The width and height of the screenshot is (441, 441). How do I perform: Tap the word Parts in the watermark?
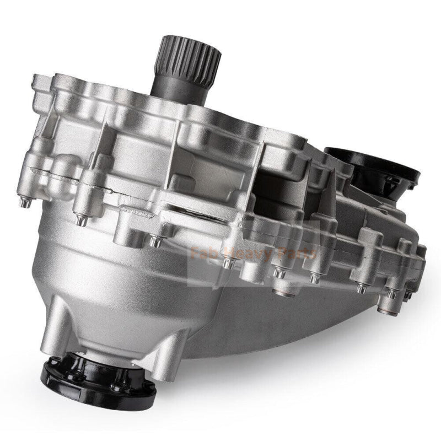tap(301, 254)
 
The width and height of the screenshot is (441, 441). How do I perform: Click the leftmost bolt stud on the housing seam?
tap(25, 202)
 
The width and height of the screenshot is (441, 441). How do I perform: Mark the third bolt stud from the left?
tap(155, 241)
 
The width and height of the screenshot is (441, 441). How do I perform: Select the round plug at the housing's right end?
tap(408, 295)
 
